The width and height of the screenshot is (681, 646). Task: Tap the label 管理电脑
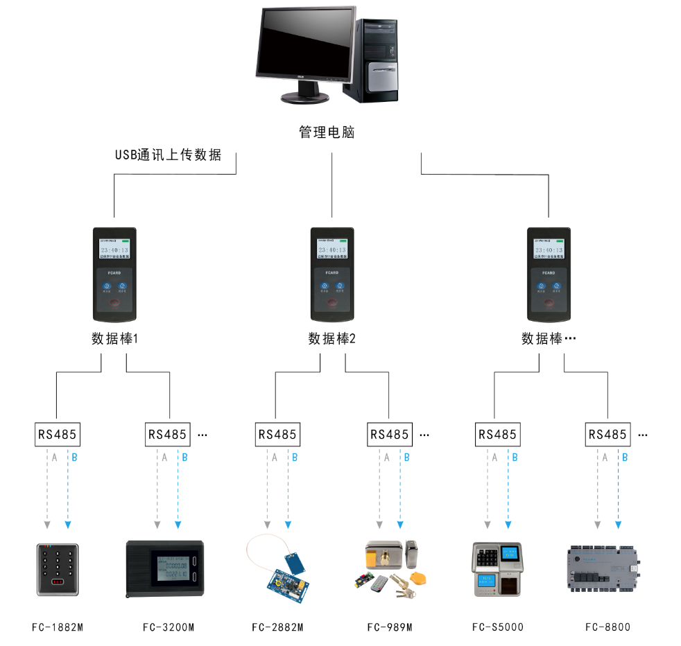(x=327, y=132)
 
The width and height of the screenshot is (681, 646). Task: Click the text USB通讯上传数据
(x=168, y=155)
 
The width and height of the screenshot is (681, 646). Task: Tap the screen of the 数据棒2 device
(x=332, y=250)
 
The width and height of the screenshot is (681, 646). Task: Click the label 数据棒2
(x=331, y=339)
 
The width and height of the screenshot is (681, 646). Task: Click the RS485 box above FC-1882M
(x=57, y=435)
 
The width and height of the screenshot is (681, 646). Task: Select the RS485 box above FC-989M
(x=388, y=435)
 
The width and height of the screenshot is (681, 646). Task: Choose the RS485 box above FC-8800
(x=607, y=435)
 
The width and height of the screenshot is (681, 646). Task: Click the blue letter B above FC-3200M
(x=184, y=457)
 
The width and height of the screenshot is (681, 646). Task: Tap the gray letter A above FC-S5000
(x=494, y=457)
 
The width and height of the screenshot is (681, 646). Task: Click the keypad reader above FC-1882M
(x=58, y=569)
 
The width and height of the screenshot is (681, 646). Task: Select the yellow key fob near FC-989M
(x=418, y=577)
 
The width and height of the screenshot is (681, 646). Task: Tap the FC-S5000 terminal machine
(x=497, y=569)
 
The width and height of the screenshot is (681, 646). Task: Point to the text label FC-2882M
(x=277, y=627)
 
